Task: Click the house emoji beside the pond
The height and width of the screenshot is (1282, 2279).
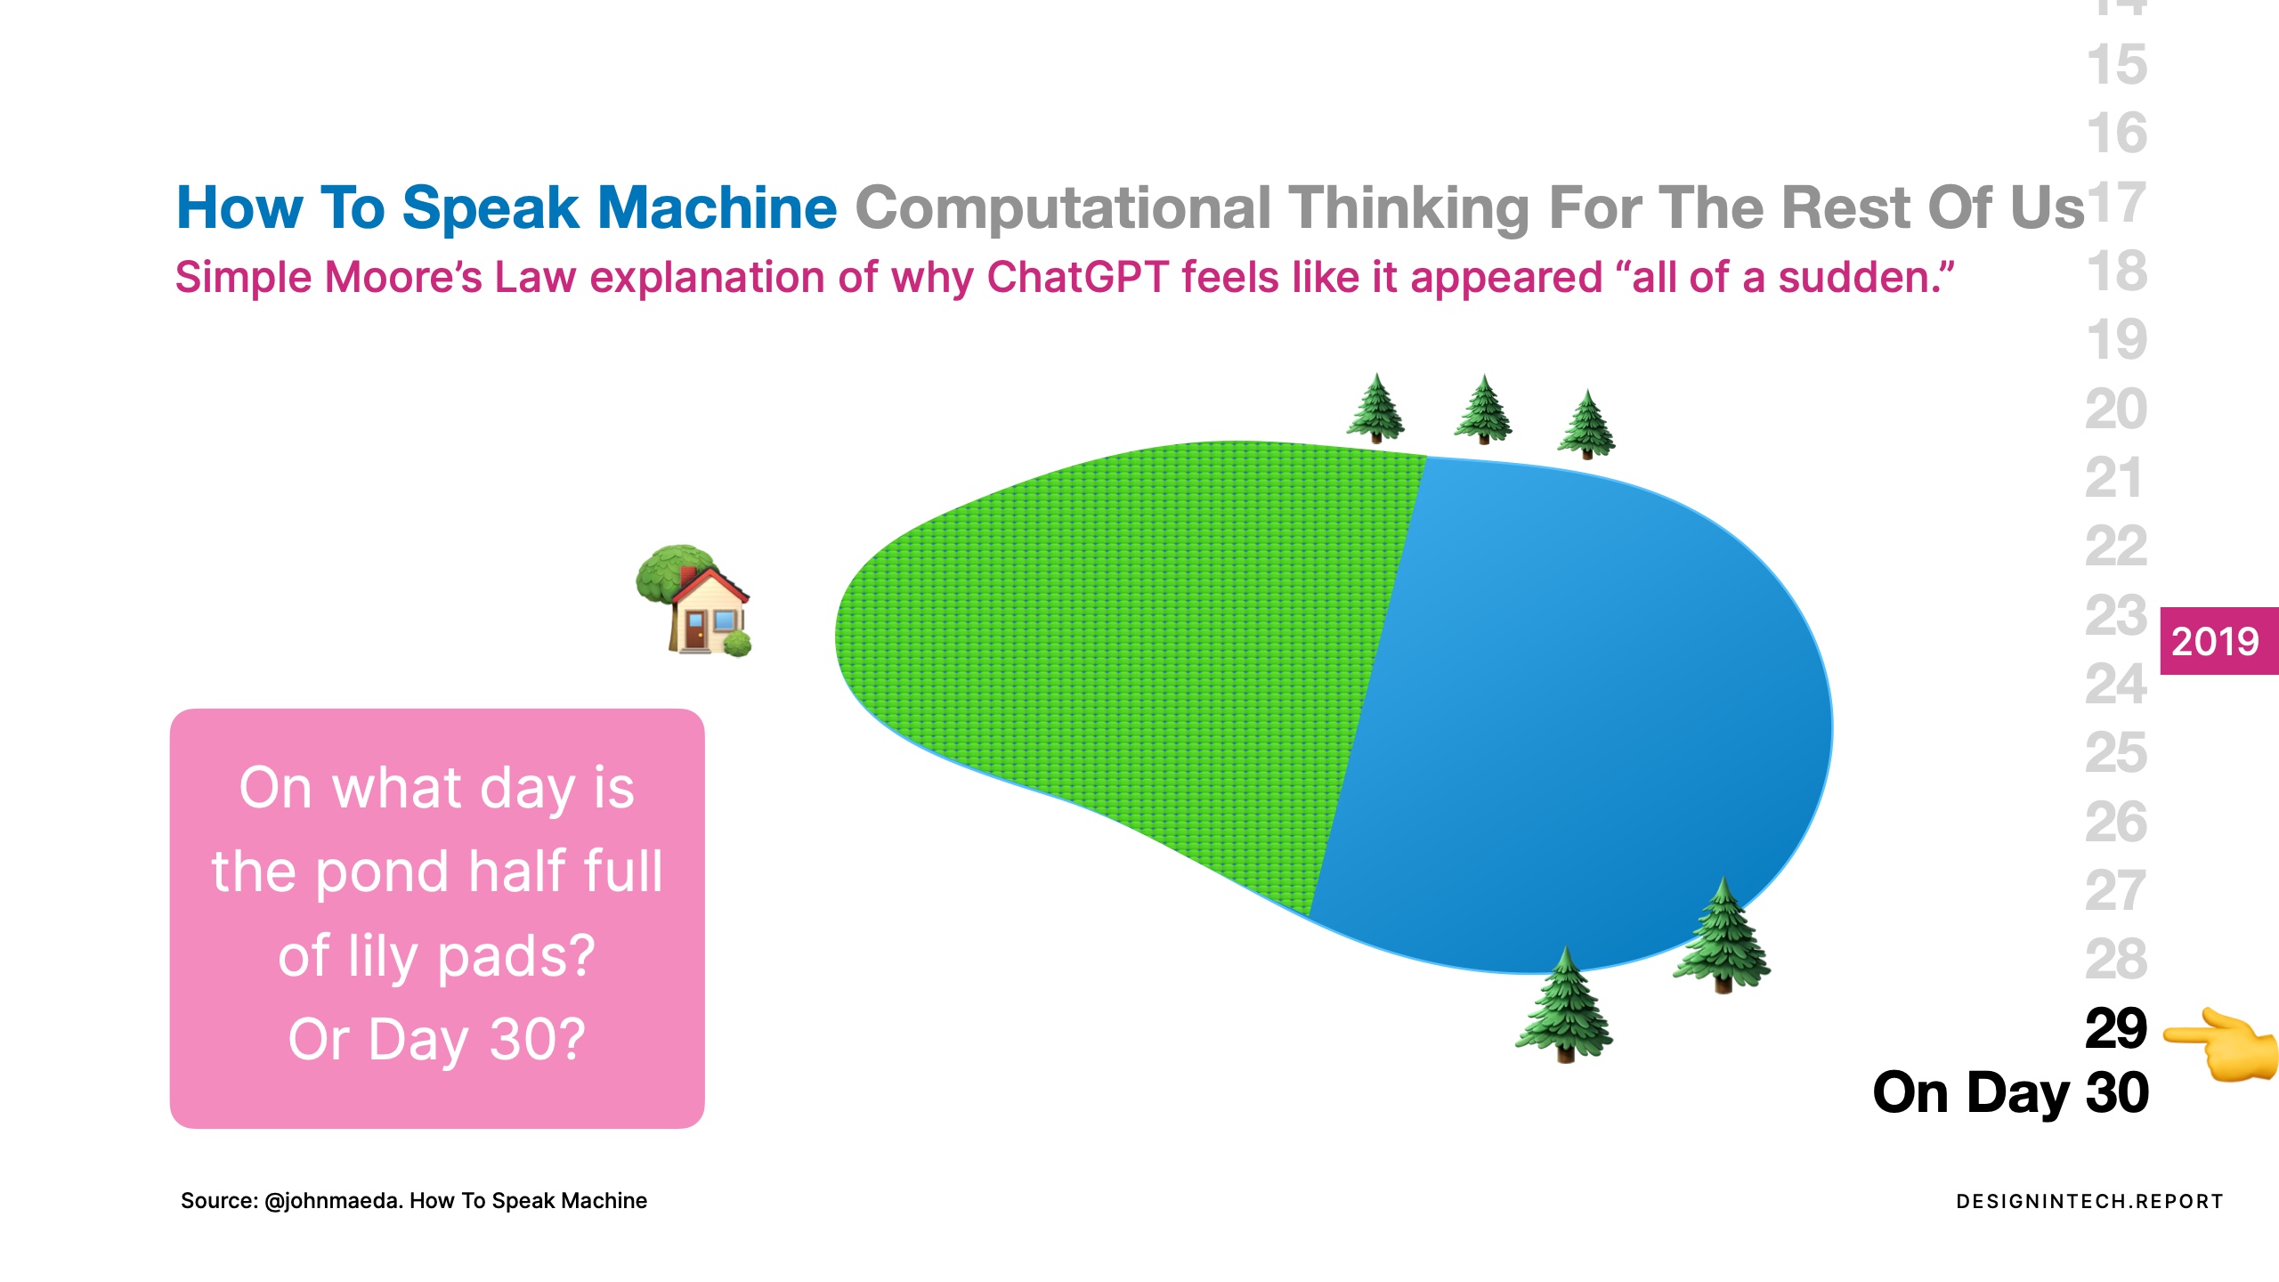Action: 693,600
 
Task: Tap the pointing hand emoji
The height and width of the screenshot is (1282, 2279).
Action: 2220,1044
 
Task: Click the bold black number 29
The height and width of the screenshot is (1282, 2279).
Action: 2116,1028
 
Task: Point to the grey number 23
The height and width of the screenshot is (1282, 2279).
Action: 2116,615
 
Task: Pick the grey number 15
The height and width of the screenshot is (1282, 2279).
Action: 2116,65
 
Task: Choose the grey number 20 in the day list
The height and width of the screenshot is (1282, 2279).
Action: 2116,409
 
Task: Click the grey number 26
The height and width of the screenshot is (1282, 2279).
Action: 2116,822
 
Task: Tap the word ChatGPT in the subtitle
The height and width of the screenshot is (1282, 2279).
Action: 1077,277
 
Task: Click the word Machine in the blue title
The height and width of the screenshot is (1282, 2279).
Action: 717,207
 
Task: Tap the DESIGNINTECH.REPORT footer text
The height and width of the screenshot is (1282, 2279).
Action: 2089,1202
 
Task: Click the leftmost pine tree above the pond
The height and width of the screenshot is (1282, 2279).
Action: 1375,408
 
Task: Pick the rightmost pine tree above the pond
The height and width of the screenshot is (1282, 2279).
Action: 1586,424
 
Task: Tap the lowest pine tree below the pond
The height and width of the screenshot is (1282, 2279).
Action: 1564,1004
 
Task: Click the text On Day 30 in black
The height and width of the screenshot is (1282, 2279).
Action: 2011,1094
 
